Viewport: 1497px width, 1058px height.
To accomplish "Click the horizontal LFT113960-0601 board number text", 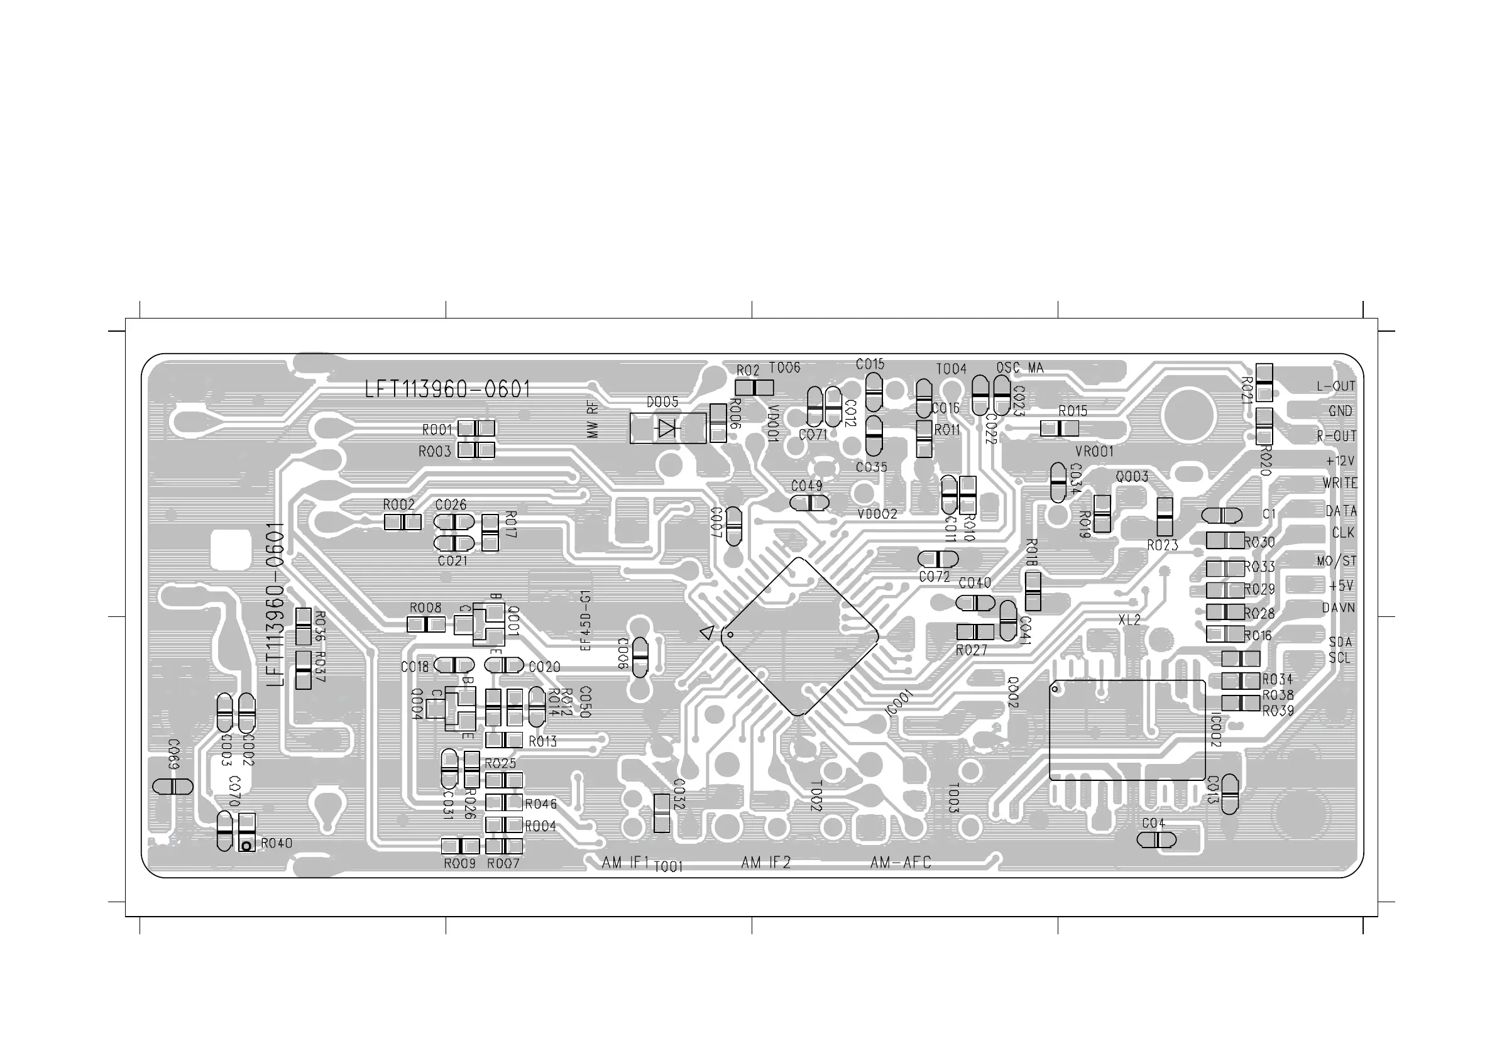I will tap(447, 390).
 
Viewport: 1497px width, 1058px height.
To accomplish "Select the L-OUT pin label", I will tap(1335, 386).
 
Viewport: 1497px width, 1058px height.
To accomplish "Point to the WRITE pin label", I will tap(1340, 484).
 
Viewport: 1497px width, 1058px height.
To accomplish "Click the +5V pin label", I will tap(1341, 586).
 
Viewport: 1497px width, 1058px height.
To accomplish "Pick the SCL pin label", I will tap(1340, 658).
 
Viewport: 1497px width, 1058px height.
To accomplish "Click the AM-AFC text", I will tap(901, 863).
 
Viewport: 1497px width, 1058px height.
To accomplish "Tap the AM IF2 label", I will tap(765, 863).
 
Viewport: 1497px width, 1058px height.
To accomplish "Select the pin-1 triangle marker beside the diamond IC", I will tap(707, 632).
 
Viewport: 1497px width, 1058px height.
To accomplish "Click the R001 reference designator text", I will tap(437, 430).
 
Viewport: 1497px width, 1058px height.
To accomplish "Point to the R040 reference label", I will tap(277, 844).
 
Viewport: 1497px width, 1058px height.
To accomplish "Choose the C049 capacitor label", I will tap(806, 486).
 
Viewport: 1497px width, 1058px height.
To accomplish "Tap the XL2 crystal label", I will tap(1129, 621).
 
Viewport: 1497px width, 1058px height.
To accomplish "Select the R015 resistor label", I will tap(1073, 412).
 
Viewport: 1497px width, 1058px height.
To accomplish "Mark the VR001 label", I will tap(1094, 451).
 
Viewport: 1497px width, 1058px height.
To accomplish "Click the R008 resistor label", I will tap(425, 608).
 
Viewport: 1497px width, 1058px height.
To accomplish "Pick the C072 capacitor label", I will tap(935, 577).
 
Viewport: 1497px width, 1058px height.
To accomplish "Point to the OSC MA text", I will tap(1020, 368).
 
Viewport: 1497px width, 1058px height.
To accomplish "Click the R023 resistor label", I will tap(1163, 545).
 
